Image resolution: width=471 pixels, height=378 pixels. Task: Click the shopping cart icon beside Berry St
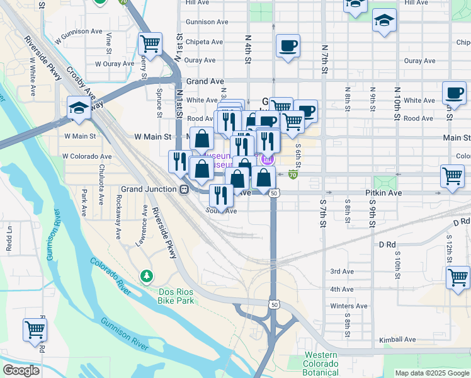(150, 44)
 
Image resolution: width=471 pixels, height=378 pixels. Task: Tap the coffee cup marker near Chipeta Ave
(288, 46)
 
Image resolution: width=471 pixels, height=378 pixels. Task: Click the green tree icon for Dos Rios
(146, 276)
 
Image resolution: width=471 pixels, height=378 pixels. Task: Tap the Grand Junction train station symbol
(184, 188)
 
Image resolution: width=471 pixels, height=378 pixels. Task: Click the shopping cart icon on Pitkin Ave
(452, 177)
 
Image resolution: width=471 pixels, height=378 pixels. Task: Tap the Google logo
(21, 370)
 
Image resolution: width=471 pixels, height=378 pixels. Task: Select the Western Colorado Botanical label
(321, 364)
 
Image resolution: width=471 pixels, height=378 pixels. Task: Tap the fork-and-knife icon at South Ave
(220, 195)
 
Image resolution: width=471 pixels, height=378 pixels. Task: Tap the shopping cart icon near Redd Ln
(35, 330)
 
